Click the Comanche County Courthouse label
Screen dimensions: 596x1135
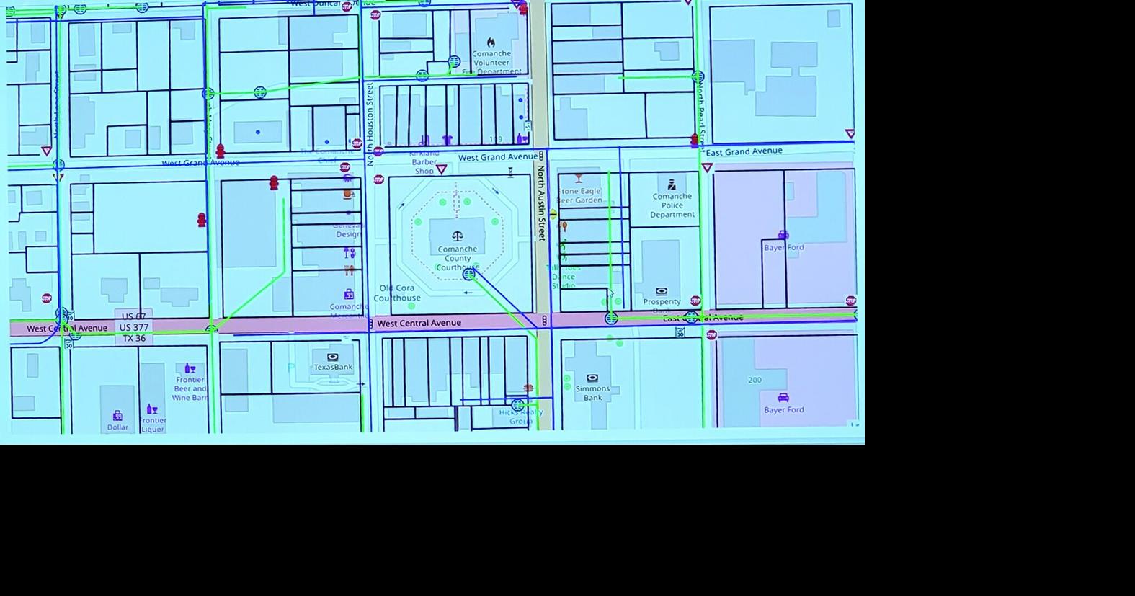[x=457, y=258]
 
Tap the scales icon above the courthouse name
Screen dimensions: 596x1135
[x=457, y=236]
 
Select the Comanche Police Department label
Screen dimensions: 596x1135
[x=672, y=205]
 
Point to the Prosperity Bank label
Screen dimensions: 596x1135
[x=662, y=302]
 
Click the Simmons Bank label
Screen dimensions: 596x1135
[x=592, y=393]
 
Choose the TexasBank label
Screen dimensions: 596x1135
[x=333, y=367]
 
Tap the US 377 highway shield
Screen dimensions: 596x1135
[x=134, y=327]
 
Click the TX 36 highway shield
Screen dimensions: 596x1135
[x=134, y=338]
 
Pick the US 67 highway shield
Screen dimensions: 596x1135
[x=134, y=316]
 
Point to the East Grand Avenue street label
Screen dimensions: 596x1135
[x=744, y=151]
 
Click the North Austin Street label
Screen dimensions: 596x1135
[x=540, y=203]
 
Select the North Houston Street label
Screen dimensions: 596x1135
[x=370, y=123]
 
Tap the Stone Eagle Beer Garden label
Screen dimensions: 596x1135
[x=579, y=195]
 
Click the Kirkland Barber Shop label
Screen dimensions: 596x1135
[x=424, y=162]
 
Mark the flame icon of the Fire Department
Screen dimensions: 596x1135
[x=491, y=43]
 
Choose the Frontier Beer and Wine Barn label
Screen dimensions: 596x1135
[x=190, y=388]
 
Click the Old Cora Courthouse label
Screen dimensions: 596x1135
[x=397, y=293]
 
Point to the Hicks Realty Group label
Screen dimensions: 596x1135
[x=520, y=417]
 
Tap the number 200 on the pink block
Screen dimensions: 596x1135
[x=755, y=380]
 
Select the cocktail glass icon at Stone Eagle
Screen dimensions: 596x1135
[x=578, y=178]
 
